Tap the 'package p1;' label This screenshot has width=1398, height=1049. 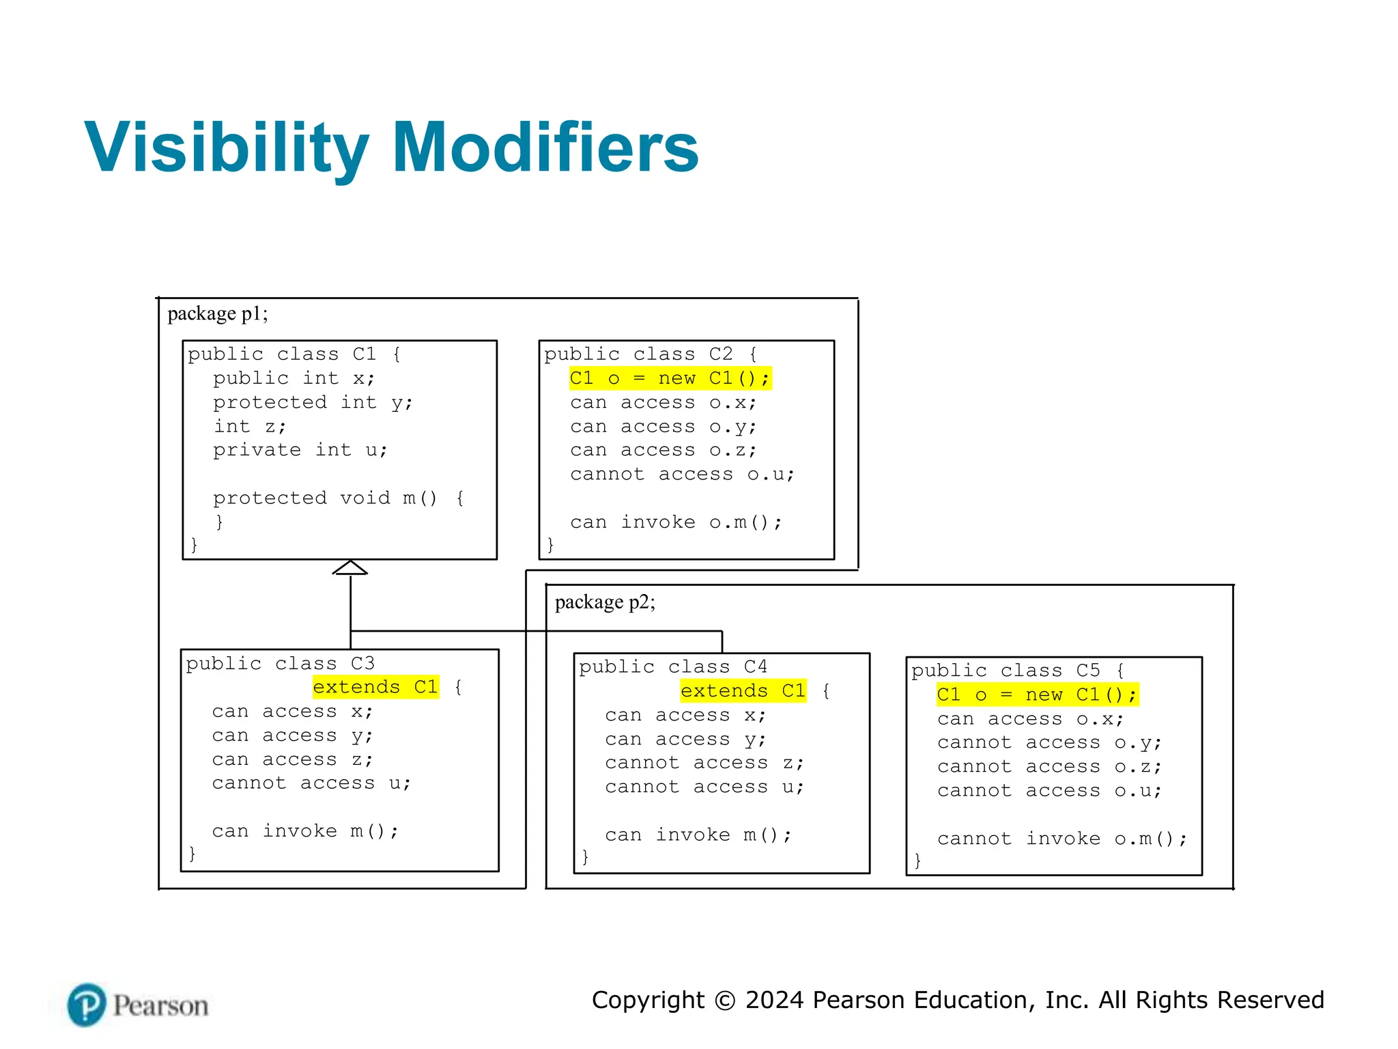[x=218, y=313]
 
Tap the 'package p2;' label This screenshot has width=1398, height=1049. [x=605, y=602]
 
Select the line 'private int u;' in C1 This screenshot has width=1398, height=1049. [x=300, y=450]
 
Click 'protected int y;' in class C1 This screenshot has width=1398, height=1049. [x=313, y=402]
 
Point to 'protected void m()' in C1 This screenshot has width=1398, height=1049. [x=325, y=498]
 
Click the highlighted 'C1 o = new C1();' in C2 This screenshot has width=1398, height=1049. [x=670, y=378]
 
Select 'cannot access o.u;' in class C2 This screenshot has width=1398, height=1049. [x=682, y=474]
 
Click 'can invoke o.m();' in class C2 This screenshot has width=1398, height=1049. [x=676, y=522]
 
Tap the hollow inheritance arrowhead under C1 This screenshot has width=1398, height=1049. [x=350, y=568]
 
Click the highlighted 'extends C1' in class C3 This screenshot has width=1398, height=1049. [x=375, y=687]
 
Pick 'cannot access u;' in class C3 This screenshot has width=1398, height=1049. [x=311, y=783]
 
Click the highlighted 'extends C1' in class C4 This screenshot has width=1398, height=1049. [x=743, y=691]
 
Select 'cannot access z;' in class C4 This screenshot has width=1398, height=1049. [x=704, y=763]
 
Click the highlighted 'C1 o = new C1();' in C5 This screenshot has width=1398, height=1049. [x=1037, y=695]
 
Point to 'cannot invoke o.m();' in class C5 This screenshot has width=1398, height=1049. [x=1062, y=839]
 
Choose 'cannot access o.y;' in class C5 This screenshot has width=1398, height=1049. [x=1049, y=742]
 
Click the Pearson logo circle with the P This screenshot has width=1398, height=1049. [x=87, y=1005]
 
